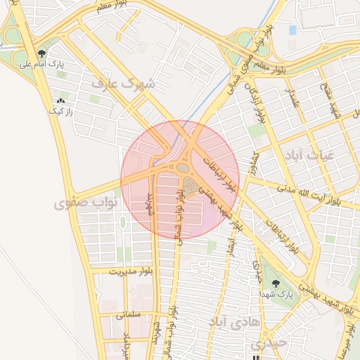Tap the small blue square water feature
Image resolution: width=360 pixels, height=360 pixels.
coord(292,30)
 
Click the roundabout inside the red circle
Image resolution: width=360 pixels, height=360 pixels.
coord(183,168)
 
